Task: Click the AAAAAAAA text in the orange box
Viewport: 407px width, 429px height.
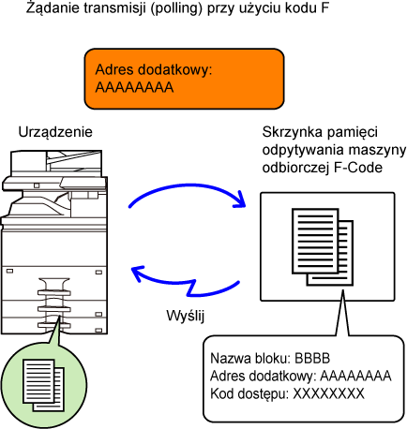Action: tap(134, 87)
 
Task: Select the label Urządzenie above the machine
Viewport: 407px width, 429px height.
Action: tap(55, 132)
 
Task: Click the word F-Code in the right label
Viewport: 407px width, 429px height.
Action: tap(358, 168)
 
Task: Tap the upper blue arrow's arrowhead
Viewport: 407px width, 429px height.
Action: tap(240, 200)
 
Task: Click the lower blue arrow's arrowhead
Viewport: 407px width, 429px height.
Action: tap(138, 274)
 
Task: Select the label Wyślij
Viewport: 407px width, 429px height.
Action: tap(185, 316)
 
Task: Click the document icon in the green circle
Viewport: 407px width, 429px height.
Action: tap(43, 385)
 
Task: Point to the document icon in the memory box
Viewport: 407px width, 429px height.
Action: tap(323, 246)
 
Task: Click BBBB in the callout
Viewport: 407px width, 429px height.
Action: tap(312, 359)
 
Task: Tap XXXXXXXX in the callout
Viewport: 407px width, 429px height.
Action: tap(328, 393)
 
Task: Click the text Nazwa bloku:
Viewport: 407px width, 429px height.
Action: tap(251, 359)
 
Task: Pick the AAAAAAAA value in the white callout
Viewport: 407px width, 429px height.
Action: tap(355, 376)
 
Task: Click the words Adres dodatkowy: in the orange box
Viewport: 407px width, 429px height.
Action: tap(154, 70)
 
